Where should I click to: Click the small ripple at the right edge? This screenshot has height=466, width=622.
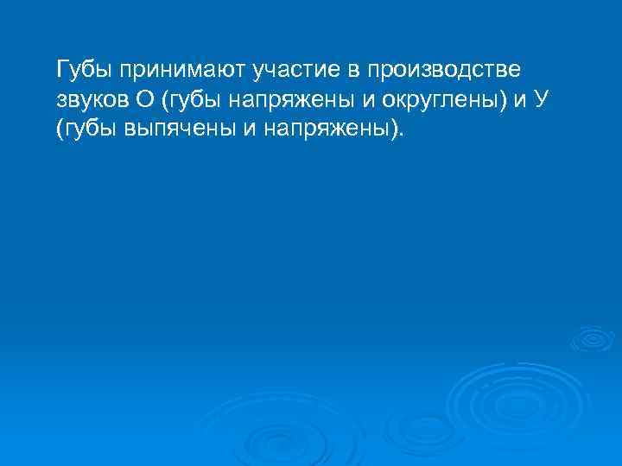tap(593, 337)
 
